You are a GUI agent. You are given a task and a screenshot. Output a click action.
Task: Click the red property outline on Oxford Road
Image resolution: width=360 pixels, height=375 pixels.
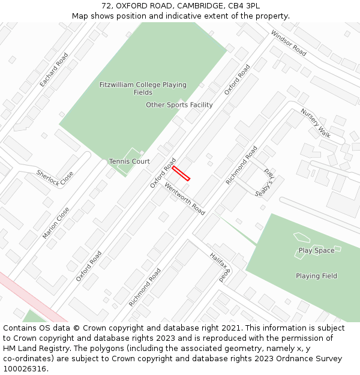181,173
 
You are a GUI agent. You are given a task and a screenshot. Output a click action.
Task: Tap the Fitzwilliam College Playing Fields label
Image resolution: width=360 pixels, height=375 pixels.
143,89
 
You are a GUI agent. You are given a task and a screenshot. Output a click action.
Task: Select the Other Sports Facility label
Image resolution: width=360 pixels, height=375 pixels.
179,105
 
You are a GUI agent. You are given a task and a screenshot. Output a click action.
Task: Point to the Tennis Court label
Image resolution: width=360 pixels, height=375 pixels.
130,161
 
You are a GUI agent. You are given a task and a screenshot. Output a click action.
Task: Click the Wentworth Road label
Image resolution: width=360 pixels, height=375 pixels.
185,199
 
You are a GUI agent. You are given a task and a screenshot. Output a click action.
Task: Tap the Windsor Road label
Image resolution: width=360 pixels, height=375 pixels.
289,43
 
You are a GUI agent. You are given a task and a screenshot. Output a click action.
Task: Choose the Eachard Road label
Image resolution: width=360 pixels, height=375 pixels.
54,70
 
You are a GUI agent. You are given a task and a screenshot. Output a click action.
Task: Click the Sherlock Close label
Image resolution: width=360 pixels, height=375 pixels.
55,178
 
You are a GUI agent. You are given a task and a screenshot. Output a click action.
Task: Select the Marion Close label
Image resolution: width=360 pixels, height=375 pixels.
56,223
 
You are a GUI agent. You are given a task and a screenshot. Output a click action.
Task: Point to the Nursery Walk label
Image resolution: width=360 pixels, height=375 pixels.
316,123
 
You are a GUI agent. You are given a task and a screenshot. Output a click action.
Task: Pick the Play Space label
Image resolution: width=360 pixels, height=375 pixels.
316,250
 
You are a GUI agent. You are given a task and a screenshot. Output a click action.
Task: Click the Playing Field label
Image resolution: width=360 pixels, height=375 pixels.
316,276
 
